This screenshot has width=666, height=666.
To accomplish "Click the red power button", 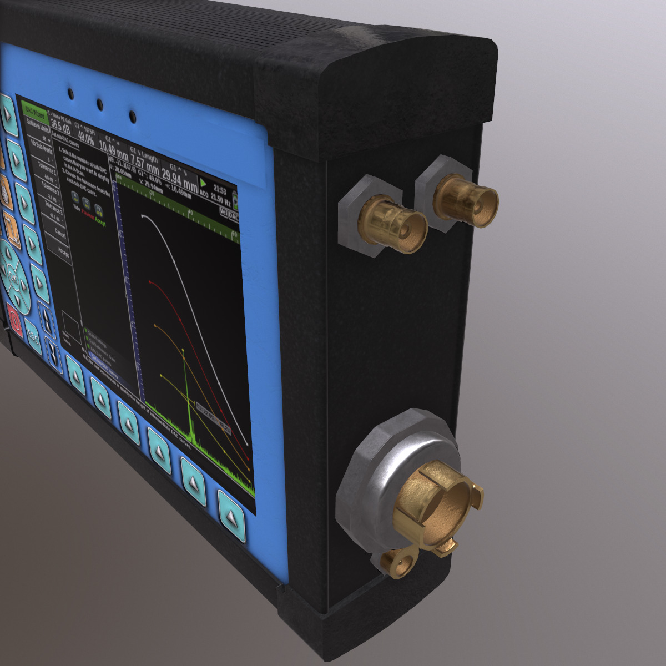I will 14,322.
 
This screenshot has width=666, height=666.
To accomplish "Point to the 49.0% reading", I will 85,135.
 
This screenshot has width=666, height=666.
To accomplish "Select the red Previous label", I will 88,215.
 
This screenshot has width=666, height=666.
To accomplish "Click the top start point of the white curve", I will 144,216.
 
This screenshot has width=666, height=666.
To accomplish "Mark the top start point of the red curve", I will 150,282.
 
